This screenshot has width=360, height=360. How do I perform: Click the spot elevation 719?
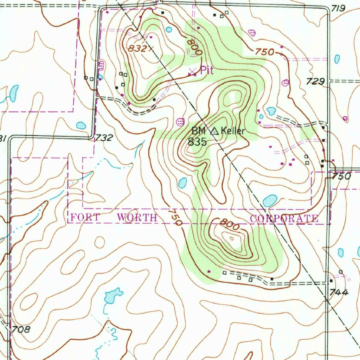(x=338, y=8)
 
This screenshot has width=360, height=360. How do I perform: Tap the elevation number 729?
(x=315, y=82)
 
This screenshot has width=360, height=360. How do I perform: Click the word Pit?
(x=207, y=70)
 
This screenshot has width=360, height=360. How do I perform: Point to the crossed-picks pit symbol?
(x=192, y=72)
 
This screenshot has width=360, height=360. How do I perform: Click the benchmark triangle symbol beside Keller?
(x=214, y=132)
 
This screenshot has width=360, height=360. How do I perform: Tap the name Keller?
(x=233, y=131)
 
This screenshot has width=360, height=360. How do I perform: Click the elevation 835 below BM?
(x=197, y=142)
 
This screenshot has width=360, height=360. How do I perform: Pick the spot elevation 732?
(x=104, y=137)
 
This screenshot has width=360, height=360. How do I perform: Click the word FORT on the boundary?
(x=85, y=218)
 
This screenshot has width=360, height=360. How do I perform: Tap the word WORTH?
(x=137, y=218)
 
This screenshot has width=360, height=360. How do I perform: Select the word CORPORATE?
(x=284, y=219)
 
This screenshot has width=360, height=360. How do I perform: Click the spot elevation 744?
(x=339, y=292)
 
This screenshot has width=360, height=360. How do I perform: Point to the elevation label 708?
(x=21, y=329)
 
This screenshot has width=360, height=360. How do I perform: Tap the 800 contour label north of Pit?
(x=194, y=47)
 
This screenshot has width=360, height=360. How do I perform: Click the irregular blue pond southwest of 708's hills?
(x=112, y=295)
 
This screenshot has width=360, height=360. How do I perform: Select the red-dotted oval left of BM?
(x=180, y=122)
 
